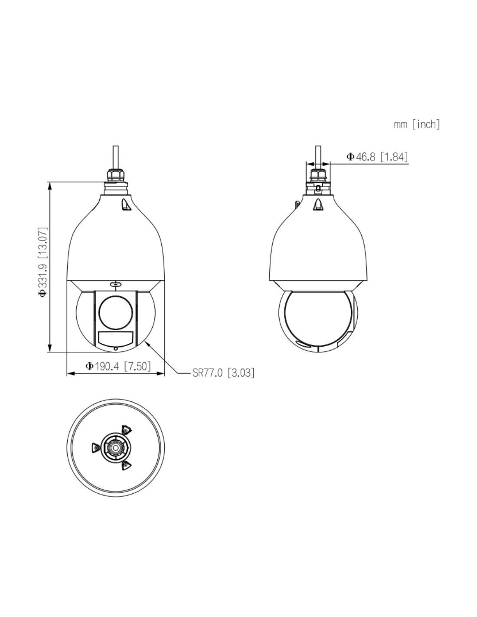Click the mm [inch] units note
click(x=417, y=124)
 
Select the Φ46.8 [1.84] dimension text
click(x=377, y=157)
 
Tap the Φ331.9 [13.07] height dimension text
click(x=43, y=262)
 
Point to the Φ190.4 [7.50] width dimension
click(x=118, y=366)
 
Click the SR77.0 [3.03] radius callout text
click(x=223, y=373)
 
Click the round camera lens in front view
click(x=115, y=312)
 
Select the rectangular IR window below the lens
click(x=115, y=338)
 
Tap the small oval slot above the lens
click(x=115, y=284)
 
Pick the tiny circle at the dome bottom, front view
click(x=115, y=349)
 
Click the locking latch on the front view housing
click(x=126, y=205)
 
